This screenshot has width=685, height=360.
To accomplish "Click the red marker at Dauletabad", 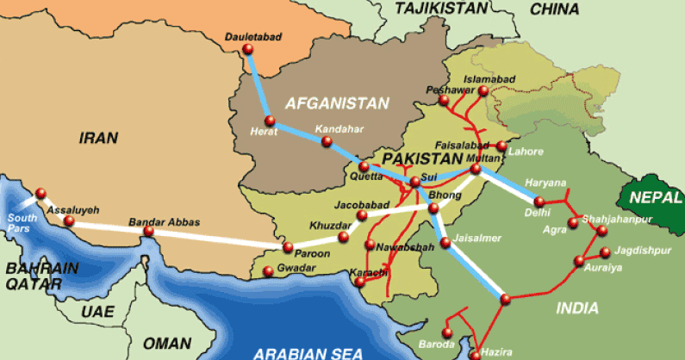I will click(248, 50).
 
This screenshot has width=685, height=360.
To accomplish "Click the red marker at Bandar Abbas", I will click(149, 232).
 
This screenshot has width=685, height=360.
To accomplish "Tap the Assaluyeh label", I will click(75, 209).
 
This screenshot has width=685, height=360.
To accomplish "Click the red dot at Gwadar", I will click(269, 273).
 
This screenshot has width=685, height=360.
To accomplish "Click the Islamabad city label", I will click(489, 79).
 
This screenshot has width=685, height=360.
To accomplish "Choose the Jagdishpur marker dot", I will click(606, 252).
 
